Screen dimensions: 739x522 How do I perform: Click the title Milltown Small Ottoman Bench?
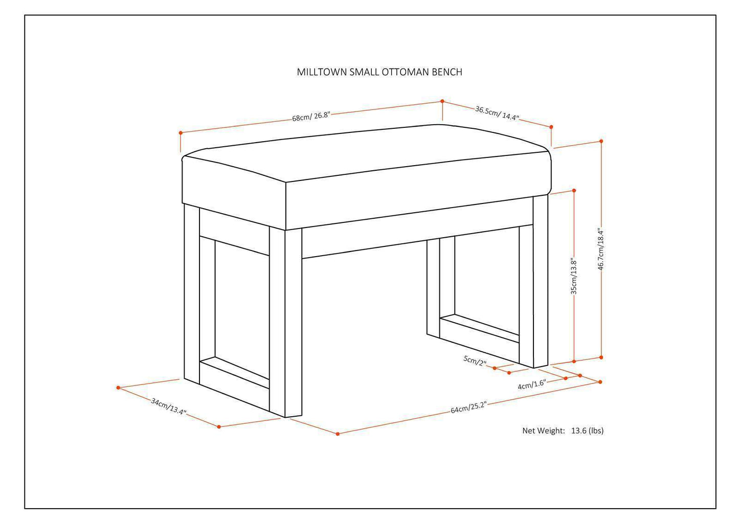(x=379, y=72)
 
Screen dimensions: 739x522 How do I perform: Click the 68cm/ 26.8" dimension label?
(x=311, y=117)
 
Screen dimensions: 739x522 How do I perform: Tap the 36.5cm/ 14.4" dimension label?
(x=497, y=113)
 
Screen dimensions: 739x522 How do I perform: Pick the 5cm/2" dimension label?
(x=475, y=360)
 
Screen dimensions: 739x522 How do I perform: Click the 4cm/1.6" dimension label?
(x=532, y=384)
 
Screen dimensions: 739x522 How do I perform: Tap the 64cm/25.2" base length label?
(x=468, y=408)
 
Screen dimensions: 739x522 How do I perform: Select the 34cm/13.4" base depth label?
(x=168, y=406)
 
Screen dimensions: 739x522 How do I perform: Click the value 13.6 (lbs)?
(x=587, y=430)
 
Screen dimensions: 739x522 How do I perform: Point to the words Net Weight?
(x=543, y=430)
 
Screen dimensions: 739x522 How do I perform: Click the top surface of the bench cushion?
(x=366, y=153)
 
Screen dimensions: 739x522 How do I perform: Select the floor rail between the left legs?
(x=235, y=372)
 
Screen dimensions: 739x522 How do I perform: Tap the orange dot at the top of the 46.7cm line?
(x=601, y=141)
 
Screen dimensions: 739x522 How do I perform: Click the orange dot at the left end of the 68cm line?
(x=181, y=133)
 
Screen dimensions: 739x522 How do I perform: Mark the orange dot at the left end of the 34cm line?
(x=118, y=388)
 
